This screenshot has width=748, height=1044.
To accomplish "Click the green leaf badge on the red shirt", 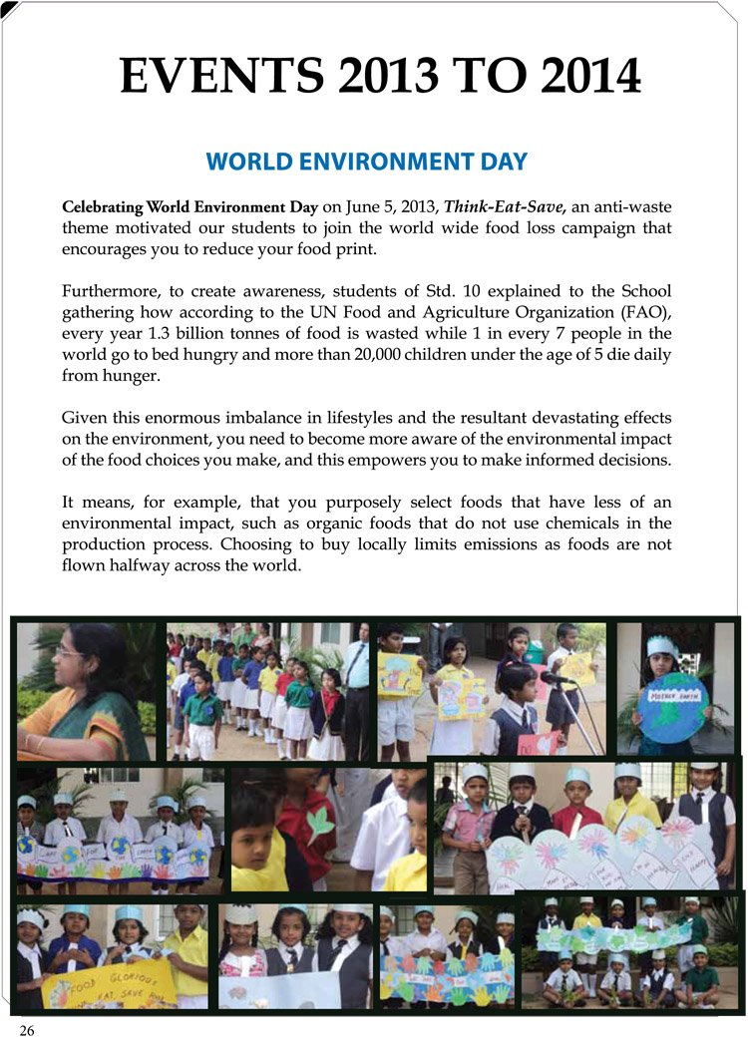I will pos(320,825).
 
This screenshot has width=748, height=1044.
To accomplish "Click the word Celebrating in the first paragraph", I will pos(103,208).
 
